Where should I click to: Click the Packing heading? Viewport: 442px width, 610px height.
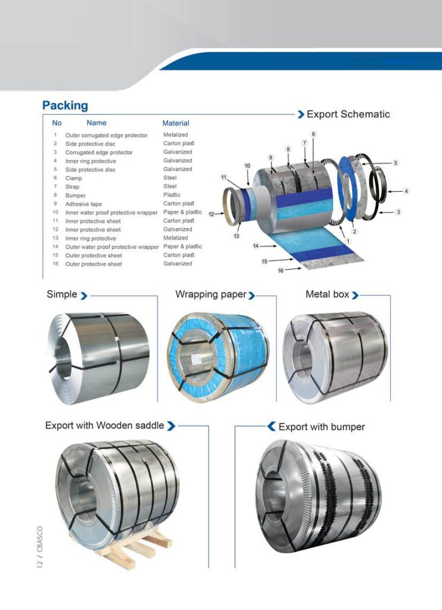(x=65, y=105)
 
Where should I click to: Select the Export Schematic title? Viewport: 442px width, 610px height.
(x=348, y=114)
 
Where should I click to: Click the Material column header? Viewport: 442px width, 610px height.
(x=176, y=123)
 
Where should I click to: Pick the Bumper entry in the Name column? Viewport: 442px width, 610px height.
(x=75, y=195)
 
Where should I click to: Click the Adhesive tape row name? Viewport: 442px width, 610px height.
(x=83, y=204)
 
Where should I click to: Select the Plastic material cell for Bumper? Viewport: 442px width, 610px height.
(x=172, y=195)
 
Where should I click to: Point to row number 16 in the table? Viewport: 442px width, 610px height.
(x=55, y=264)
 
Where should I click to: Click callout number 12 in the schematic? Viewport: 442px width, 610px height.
(x=211, y=214)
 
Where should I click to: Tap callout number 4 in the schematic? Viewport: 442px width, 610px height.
(x=406, y=191)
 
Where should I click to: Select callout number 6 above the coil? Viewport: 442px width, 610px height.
(x=313, y=134)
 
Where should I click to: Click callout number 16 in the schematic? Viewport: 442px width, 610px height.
(x=281, y=270)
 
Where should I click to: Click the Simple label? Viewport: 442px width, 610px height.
(x=62, y=294)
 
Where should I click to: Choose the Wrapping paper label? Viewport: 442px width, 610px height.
(x=210, y=294)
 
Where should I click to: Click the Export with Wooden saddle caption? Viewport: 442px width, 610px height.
(x=104, y=425)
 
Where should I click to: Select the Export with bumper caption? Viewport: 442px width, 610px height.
(x=321, y=427)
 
